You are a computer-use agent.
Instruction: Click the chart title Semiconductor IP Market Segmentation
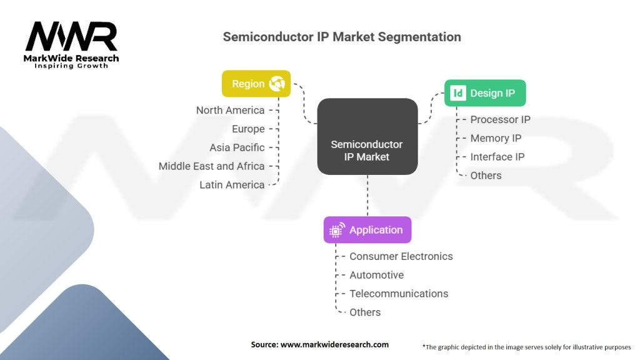342,37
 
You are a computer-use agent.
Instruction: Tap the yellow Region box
256,84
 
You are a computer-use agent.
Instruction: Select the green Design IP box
484,93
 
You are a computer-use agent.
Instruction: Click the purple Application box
367,230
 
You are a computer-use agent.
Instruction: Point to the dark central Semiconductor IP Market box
367,137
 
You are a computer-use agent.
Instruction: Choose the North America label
230,110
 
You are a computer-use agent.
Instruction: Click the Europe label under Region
249,129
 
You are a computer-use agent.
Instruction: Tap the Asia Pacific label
237,147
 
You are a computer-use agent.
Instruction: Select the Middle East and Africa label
211,166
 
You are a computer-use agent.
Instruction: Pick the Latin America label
232,185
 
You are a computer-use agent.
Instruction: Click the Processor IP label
500,119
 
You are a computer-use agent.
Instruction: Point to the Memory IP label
496,138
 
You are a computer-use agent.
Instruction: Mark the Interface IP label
497,157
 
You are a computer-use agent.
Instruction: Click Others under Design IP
486,176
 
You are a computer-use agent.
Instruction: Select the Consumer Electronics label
401,256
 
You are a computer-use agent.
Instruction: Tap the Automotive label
376,275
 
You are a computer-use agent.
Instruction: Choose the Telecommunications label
399,294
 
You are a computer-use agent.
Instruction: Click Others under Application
365,312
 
